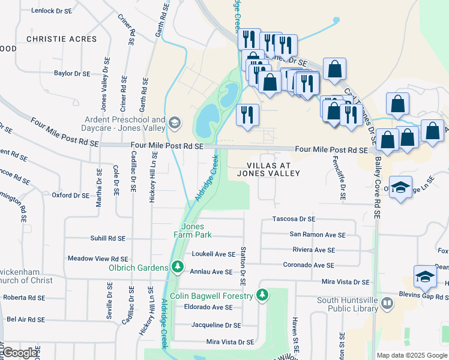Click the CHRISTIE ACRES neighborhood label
[61, 39]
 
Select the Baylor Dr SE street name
[71, 73]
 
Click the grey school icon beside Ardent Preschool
[175, 123]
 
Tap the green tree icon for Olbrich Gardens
[177, 266]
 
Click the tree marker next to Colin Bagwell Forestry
[262, 295]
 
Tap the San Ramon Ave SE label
[317, 235]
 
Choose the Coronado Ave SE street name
[313, 265]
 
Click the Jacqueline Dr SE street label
[215, 325]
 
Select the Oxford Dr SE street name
[70, 195]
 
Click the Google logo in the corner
[20, 353]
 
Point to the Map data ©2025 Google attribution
[411, 355]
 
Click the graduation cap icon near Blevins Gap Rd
[425, 277]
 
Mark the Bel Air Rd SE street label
[28, 319]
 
